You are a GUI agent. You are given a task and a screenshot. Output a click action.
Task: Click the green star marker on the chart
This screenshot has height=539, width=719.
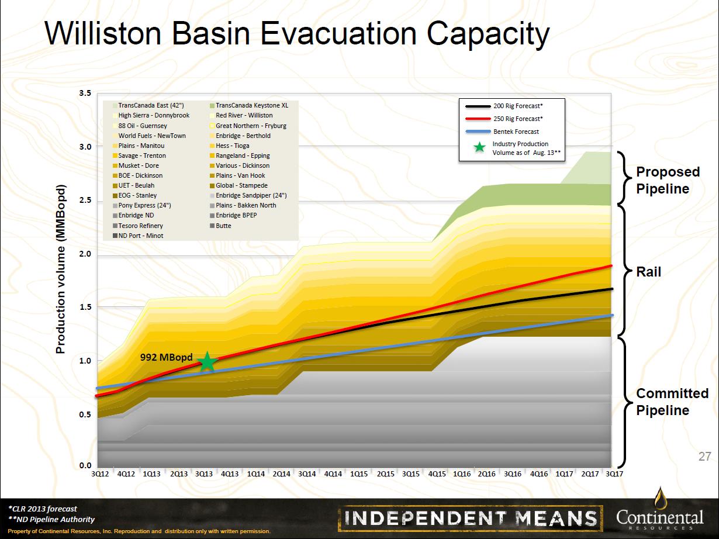point(208,362)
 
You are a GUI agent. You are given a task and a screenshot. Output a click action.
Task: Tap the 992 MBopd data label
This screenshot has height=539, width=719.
point(167,357)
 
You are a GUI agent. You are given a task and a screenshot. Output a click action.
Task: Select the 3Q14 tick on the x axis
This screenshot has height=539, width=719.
point(307,474)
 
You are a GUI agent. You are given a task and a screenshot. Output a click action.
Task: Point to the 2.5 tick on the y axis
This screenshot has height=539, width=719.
point(85,200)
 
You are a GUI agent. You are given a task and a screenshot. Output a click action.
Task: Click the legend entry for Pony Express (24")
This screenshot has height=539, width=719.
point(142,205)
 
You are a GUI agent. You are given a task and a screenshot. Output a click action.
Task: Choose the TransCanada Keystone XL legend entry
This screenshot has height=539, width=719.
point(249,105)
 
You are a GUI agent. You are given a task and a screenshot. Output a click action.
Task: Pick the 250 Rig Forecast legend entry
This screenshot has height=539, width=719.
point(504,119)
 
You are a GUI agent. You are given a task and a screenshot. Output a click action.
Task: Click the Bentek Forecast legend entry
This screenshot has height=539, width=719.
point(502,132)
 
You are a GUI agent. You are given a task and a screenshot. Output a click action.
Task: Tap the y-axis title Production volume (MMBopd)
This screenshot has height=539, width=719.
point(61,269)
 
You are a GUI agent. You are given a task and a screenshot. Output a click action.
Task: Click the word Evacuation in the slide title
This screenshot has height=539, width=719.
point(338,33)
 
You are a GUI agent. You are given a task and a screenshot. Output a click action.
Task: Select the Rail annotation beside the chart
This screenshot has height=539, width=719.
point(648,272)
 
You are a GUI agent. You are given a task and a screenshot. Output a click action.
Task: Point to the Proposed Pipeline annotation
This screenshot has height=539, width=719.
point(668,181)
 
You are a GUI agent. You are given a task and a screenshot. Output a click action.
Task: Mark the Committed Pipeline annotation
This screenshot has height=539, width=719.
point(672,402)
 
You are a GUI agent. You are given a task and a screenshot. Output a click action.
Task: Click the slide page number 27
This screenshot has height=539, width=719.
point(704,457)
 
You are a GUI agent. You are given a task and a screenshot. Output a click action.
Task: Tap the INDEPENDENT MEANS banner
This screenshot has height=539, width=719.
point(471,519)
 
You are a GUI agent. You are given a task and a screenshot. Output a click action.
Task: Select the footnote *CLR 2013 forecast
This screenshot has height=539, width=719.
point(43,509)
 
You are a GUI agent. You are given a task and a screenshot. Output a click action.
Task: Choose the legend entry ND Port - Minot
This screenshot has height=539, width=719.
point(138,236)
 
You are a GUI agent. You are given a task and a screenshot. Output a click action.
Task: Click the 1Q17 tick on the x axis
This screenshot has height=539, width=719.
point(565,474)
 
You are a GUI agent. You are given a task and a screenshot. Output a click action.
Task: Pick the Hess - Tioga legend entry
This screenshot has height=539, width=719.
point(230,146)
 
